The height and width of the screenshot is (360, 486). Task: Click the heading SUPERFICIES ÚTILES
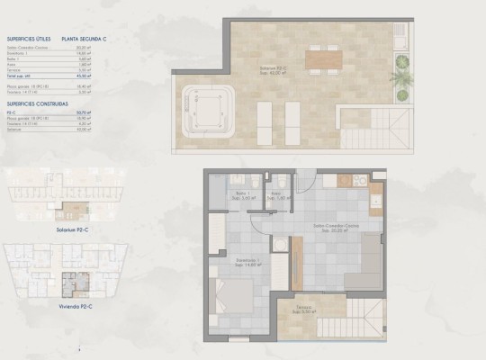coord(26,40)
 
